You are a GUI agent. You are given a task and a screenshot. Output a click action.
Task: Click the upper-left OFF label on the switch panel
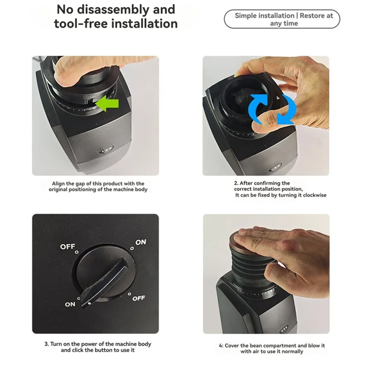pyautogui.click(x=68, y=247)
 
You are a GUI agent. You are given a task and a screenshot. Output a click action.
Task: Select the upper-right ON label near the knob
pyautogui.click(x=141, y=242)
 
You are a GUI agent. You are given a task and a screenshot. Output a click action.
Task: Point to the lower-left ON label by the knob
pyautogui.click(x=70, y=304)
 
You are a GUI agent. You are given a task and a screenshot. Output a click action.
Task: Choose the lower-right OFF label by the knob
pyautogui.click(x=139, y=299)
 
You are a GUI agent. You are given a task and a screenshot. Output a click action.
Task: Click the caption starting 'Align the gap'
pyautogui.click(x=98, y=186)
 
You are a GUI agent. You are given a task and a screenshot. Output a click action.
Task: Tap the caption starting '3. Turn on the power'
pyautogui.click(x=98, y=347)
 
